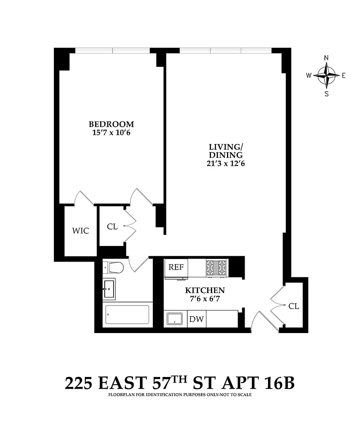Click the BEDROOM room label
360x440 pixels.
point(112,124)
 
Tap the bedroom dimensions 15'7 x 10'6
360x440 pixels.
point(112,133)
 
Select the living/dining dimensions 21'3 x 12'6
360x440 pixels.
point(226,163)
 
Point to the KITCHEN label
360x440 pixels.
point(205,290)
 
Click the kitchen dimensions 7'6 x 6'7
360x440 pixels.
point(205,299)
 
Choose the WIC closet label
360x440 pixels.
point(81,231)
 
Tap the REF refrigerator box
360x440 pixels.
point(176,267)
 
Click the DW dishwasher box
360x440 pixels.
point(196,319)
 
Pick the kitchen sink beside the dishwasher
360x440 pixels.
point(175,319)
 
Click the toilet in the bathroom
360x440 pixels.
point(113,267)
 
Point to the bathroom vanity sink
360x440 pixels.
point(109,289)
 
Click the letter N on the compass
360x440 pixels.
point(326,58)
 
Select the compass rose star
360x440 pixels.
point(326,75)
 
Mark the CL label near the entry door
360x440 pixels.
point(294,306)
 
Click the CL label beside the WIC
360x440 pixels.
point(112,226)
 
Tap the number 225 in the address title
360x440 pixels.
point(78,383)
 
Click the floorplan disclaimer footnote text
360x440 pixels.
point(180,395)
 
